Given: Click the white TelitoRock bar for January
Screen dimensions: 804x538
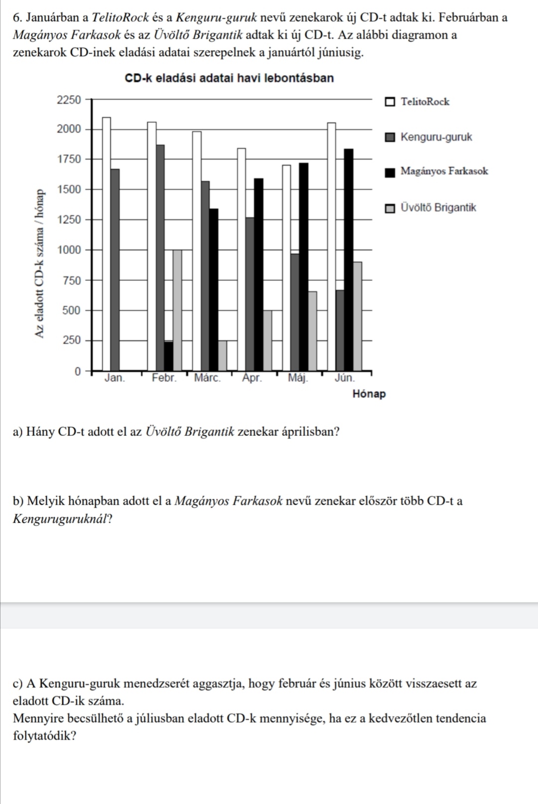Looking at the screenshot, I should [106, 244].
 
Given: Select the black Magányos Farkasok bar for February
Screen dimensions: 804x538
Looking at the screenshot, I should [169, 356].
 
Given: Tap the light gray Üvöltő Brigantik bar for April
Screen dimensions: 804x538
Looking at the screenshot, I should [268, 341].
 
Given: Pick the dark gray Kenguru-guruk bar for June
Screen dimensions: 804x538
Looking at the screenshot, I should [340, 331].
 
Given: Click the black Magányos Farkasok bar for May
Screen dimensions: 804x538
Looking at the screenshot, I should [303, 267].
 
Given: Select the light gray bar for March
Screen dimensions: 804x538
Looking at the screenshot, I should [222, 356].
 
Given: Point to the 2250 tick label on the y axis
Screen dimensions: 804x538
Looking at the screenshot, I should [69, 100].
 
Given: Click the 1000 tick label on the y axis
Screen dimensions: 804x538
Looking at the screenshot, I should [69, 250].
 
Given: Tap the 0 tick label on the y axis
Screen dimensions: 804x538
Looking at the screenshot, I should [77, 372].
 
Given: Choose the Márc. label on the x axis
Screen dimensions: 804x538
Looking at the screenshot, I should [207, 378].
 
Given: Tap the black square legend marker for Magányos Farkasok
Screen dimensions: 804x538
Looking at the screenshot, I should [390, 172].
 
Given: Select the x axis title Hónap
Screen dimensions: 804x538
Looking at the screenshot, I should [369, 394].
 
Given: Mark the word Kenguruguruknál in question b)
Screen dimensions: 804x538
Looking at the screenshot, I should [60, 519].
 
